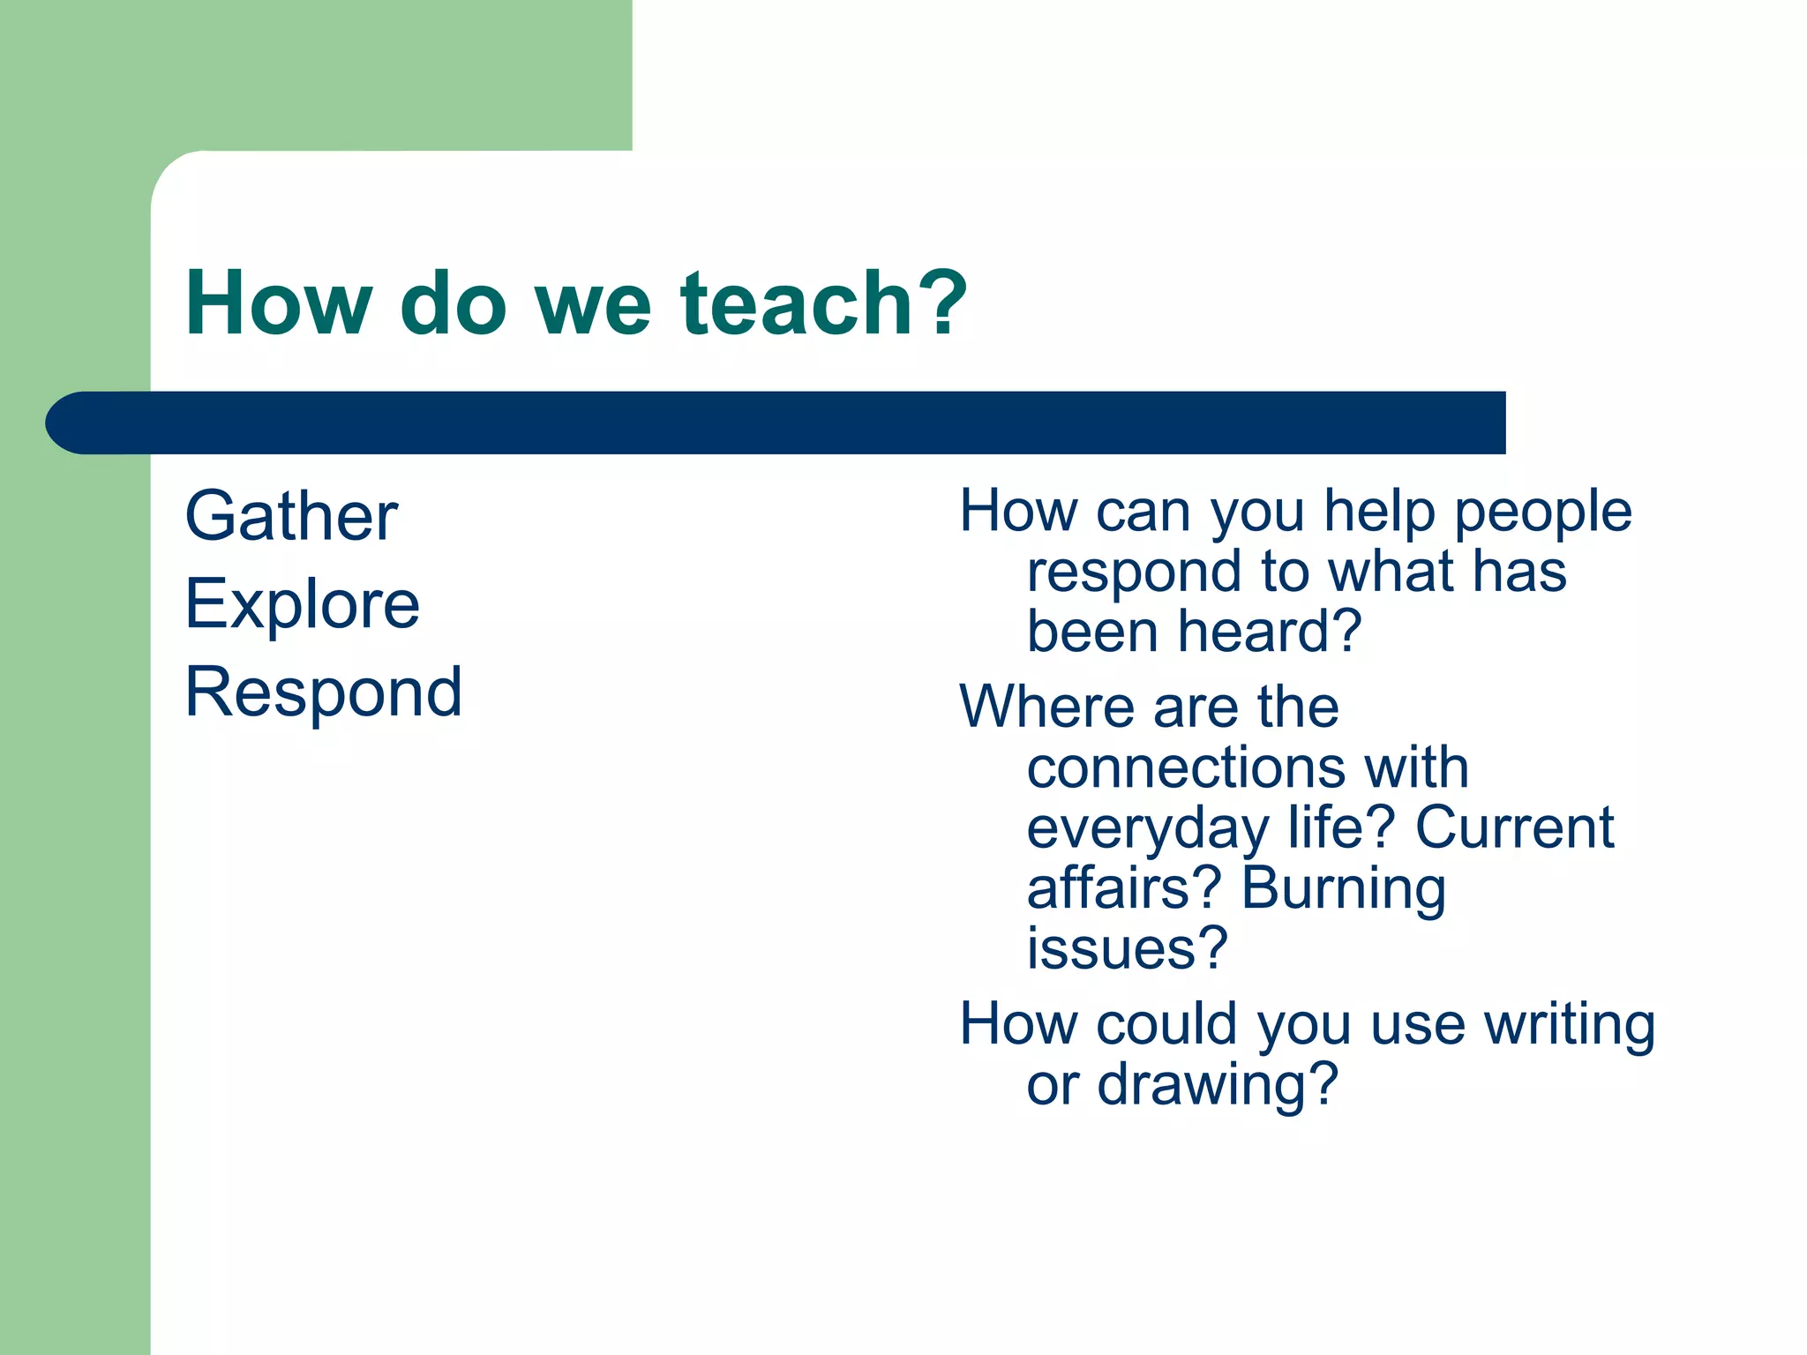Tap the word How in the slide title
point(279,303)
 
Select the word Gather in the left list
point(291,516)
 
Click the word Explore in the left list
point(303,605)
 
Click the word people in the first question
point(1543,512)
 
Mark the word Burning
point(1344,889)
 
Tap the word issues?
point(1127,948)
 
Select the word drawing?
point(1218,1086)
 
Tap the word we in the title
point(593,305)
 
